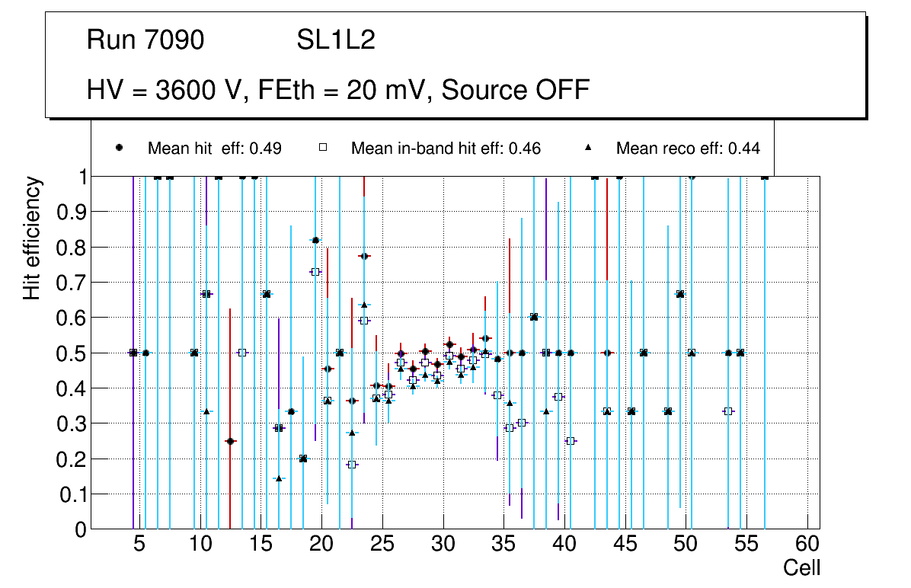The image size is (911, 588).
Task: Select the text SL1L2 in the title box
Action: coord(336,41)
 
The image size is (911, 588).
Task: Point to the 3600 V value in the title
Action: coord(200,90)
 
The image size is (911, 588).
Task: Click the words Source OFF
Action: coord(516,90)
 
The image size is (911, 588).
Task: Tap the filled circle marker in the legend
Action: coord(119,148)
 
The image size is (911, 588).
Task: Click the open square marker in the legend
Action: coord(322,148)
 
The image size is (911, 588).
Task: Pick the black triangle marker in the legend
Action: coord(587,148)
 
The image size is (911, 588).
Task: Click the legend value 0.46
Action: coord(525,149)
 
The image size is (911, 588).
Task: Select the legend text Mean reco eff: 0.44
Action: coord(688,149)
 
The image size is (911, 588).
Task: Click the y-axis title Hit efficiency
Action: coord(32,238)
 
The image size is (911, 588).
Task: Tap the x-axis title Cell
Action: coord(802,567)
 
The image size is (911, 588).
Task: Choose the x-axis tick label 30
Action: coord(443,545)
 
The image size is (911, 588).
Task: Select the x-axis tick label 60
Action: coord(807,545)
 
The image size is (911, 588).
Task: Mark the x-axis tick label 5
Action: coord(139,545)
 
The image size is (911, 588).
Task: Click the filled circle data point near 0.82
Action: coord(315,241)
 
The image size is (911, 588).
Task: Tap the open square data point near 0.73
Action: coord(315,272)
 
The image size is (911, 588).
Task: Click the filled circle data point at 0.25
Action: coord(230,441)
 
